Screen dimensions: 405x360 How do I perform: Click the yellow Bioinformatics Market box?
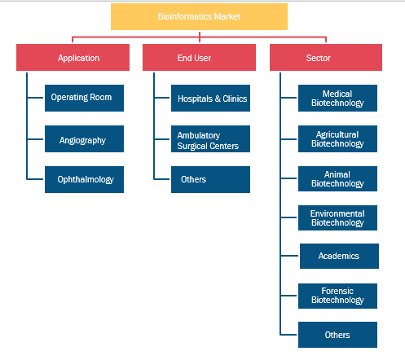click(199, 16)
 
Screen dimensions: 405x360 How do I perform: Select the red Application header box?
click(73, 58)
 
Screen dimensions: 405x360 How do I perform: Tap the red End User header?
click(199, 58)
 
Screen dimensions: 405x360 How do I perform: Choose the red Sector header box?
click(326, 58)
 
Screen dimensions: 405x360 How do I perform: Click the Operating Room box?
click(84, 98)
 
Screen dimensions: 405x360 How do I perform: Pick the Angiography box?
click(84, 138)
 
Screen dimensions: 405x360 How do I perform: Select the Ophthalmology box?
click(84, 179)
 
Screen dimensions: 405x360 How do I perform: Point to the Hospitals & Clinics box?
click(210, 98)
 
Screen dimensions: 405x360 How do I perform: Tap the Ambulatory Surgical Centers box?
click(210, 138)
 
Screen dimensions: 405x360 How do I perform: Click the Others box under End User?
click(210, 179)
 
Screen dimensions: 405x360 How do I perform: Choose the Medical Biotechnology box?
click(337, 98)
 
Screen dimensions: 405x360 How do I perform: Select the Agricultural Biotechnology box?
click(337, 138)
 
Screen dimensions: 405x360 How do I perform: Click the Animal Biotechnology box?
click(337, 178)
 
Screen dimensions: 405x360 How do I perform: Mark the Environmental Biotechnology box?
click(337, 217)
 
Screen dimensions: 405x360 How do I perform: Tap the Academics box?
click(339, 256)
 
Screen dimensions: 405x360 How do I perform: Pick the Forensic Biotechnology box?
click(337, 296)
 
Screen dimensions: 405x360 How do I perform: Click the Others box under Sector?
click(337, 335)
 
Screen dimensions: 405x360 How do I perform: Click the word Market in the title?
click(227, 16)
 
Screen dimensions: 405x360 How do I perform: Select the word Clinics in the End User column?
click(235, 99)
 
